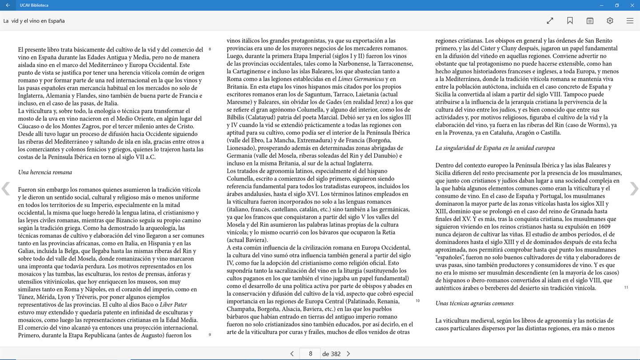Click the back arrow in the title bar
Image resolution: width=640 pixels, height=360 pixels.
(8, 5)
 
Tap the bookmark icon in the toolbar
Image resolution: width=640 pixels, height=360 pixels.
(570, 21)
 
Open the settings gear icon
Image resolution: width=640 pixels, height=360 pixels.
(610, 21)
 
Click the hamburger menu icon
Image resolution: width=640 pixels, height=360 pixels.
(630, 21)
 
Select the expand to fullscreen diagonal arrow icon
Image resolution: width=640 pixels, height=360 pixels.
(550, 21)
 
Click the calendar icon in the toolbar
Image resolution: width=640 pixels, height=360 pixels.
(590, 21)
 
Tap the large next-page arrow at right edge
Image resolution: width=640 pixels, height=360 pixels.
(634, 189)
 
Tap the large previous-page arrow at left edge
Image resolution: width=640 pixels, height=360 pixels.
(6, 189)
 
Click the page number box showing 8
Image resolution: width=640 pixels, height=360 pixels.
(310, 354)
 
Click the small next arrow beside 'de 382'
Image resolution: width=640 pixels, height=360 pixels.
(348, 354)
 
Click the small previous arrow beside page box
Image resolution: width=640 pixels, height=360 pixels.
(292, 354)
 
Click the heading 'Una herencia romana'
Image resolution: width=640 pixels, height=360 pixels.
(45, 172)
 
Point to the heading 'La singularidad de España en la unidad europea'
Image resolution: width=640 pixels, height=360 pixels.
(495, 148)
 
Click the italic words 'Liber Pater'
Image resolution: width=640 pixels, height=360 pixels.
(173, 305)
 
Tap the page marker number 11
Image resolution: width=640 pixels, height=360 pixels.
(626, 288)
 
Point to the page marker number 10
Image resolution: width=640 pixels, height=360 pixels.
(417, 301)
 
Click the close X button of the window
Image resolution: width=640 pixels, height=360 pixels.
(632, 5)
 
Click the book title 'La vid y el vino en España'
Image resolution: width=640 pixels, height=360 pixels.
(34, 21)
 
